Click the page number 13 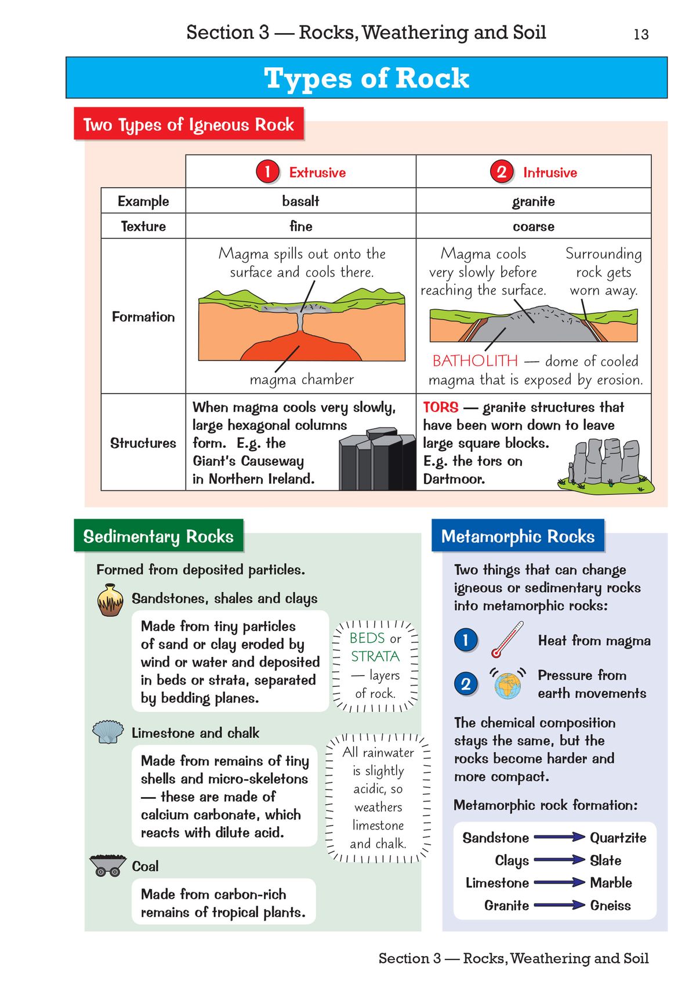click(640, 35)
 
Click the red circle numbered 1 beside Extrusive click(267, 172)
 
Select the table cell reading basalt click(300, 201)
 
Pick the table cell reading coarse click(533, 226)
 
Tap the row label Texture click(143, 226)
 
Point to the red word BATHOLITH click(475, 361)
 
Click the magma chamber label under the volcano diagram click(302, 379)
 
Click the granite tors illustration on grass click(606, 464)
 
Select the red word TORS click(440, 407)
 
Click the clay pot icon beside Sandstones click(110, 600)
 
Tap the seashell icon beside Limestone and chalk click(108, 732)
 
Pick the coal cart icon click(108, 866)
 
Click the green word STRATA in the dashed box click(375, 656)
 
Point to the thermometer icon click(506, 640)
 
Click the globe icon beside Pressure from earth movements click(507, 685)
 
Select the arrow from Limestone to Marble click(559, 882)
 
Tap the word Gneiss click(610, 905)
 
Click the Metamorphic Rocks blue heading click(517, 536)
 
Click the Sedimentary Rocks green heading click(158, 536)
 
